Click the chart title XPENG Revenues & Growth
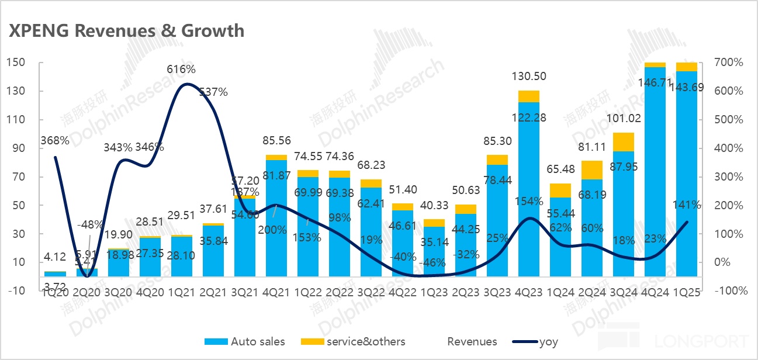point(126,30)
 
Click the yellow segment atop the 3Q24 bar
point(624,142)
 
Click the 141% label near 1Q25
point(688,205)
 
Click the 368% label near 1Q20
point(55,140)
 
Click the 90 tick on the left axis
point(19,148)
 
